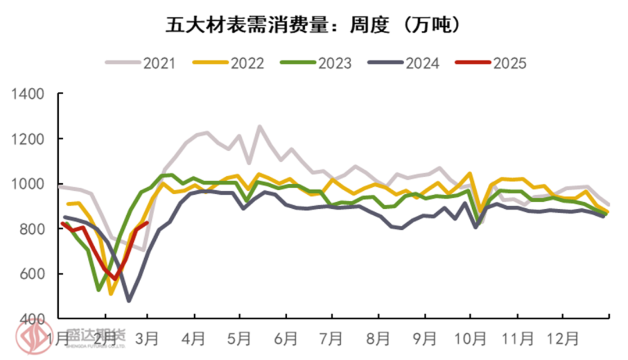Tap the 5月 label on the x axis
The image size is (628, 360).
[239, 337]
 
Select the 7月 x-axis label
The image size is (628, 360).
[331, 337]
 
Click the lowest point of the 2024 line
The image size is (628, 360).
[129, 301]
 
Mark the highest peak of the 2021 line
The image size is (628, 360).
[259, 126]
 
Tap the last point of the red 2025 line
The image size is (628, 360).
[147, 222]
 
